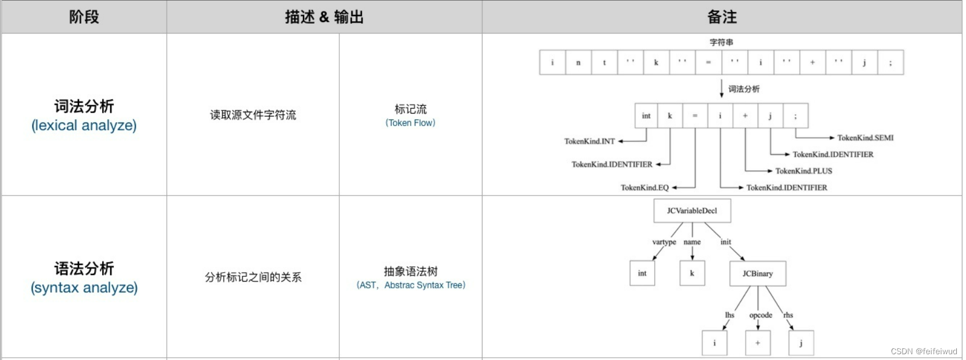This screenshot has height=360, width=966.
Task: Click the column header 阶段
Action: (x=84, y=17)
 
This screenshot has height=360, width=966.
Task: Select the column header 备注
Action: (x=722, y=17)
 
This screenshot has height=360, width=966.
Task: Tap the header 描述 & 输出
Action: (x=324, y=17)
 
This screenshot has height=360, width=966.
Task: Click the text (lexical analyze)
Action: (x=84, y=126)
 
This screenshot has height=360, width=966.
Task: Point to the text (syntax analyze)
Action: (x=84, y=288)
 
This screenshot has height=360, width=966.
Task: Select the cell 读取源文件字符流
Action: (x=253, y=115)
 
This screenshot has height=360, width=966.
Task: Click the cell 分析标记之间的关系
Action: (x=253, y=277)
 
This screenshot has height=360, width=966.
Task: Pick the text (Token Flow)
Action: (x=410, y=123)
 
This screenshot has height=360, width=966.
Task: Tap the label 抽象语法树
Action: (x=410, y=271)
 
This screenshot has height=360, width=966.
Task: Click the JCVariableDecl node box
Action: (x=692, y=211)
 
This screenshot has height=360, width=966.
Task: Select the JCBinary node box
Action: (x=757, y=273)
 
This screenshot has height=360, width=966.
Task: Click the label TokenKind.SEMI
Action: (x=865, y=138)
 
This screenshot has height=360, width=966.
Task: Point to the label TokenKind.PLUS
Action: (x=803, y=171)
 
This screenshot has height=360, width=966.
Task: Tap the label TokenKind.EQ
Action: (x=645, y=187)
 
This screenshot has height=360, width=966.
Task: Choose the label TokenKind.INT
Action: (x=589, y=141)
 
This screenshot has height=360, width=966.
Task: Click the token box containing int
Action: (x=646, y=115)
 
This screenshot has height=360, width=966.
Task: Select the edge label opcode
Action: (x=761, y=315)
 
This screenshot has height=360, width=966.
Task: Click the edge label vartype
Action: (x=664, y=242)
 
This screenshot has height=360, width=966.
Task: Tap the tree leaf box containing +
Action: (x=758, y=343)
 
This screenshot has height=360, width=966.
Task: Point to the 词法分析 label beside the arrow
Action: (x=744, y=89)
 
